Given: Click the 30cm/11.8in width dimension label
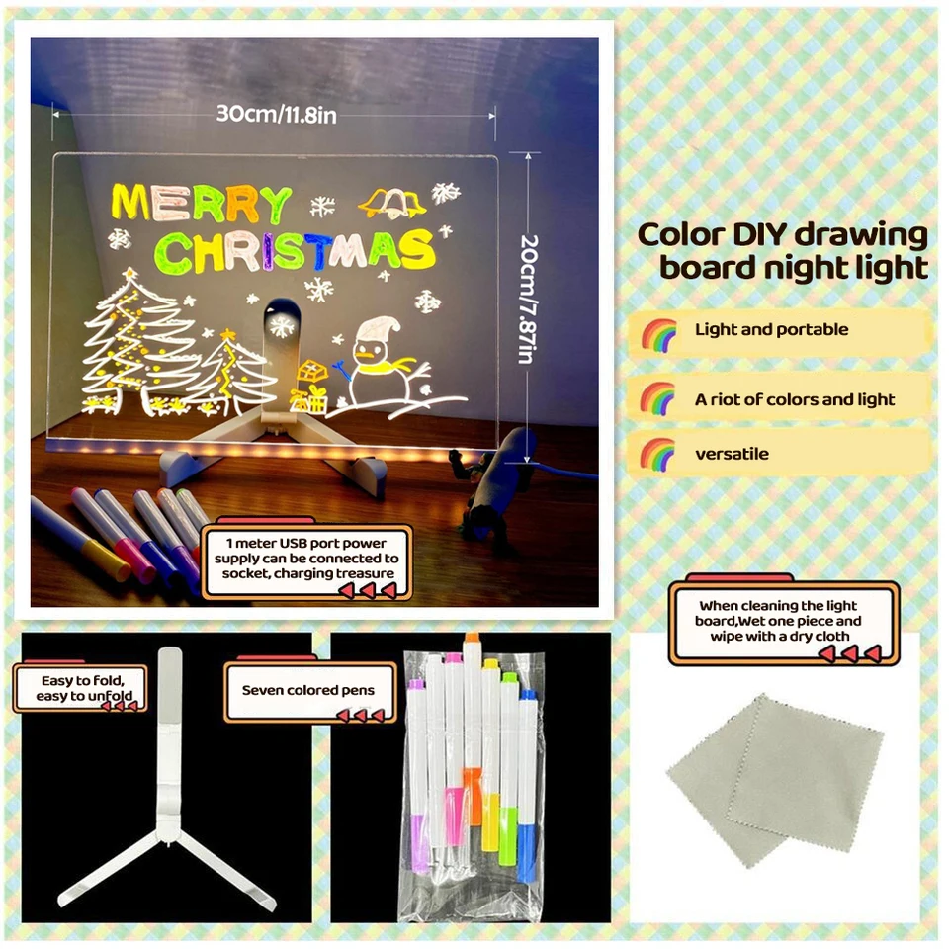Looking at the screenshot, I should (x=277, y=115).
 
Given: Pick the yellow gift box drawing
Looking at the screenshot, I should (x=309, y=388).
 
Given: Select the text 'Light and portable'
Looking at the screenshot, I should (x=771, y=330).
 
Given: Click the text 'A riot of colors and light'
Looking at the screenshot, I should (x=794, y=400).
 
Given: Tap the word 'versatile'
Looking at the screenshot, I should (x=732, y=455).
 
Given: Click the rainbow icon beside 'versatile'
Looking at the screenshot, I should (x=658, y=455).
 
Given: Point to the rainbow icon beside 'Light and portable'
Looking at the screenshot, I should (x=658, y=333).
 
